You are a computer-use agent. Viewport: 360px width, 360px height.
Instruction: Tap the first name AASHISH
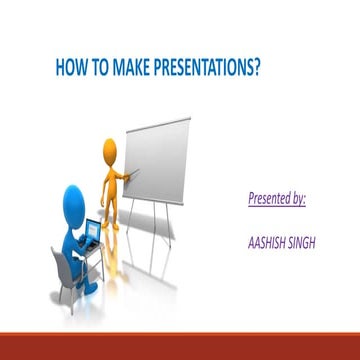265,241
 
